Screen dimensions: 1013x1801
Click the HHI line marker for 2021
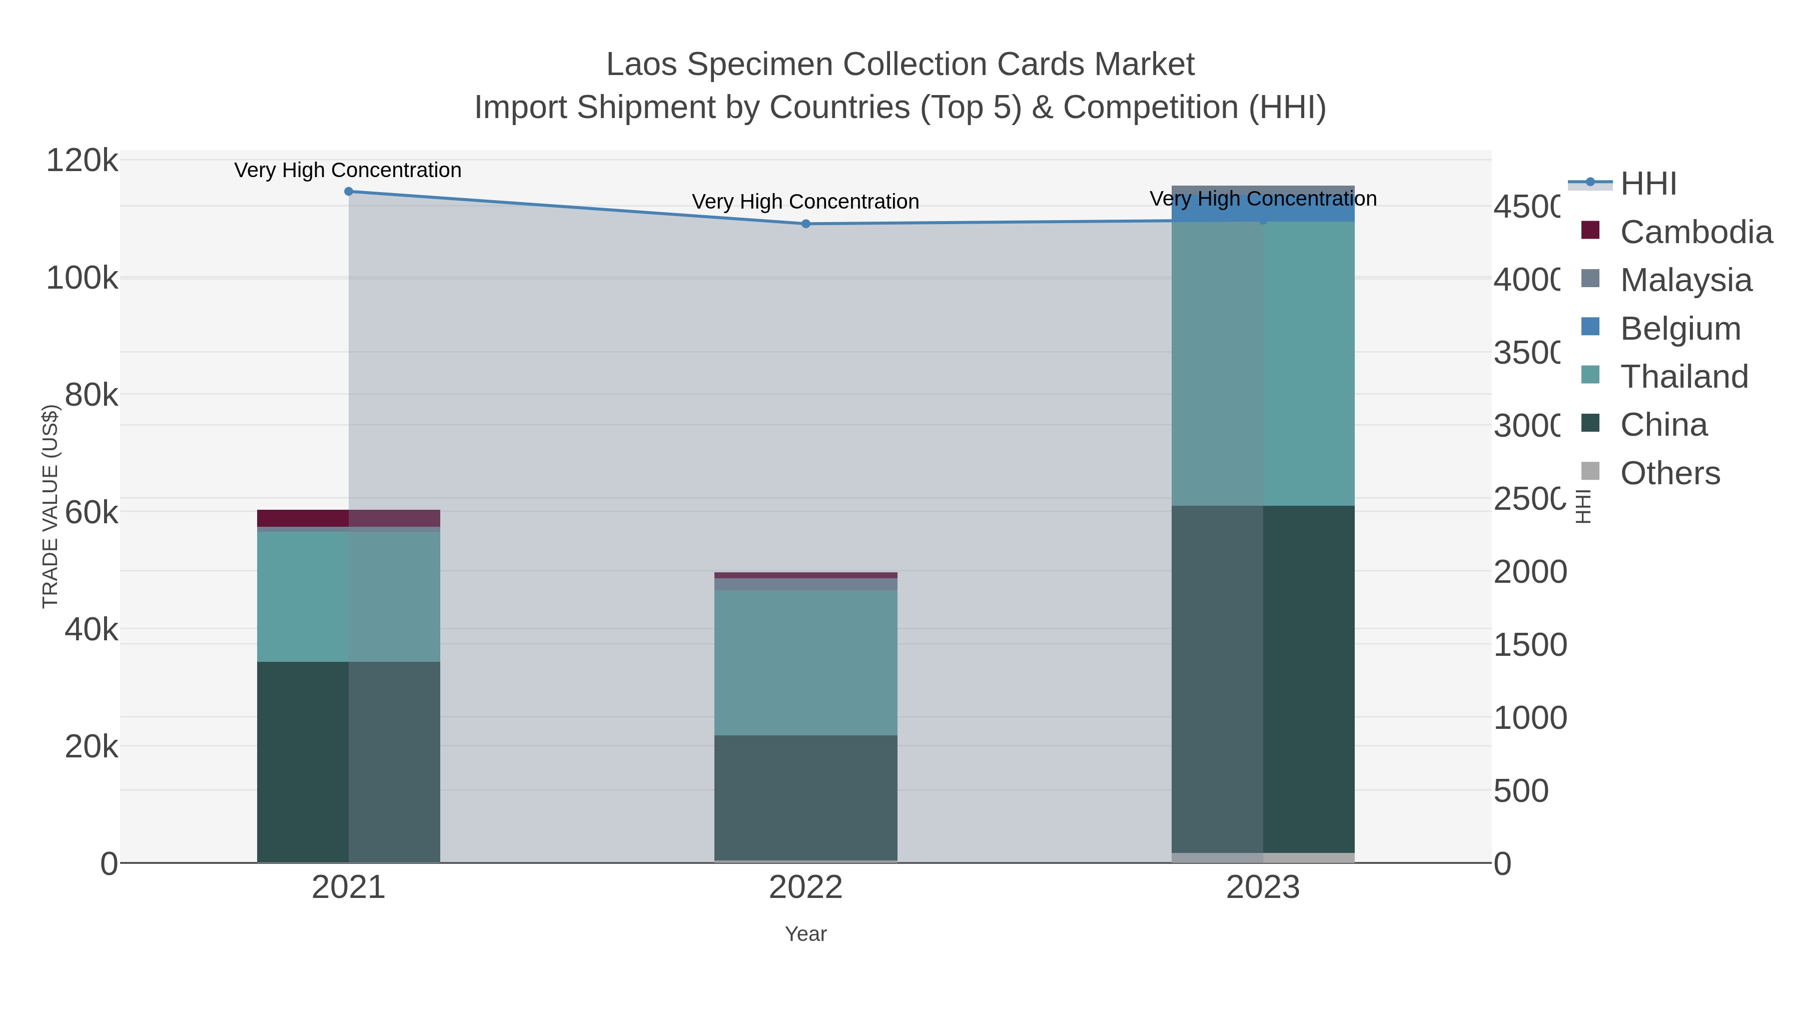pos(349,192)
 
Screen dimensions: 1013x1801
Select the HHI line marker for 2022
pos(805,224)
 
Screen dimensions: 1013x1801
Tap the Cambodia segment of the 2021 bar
pos(348,518)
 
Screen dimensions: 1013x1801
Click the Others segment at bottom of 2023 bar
pos(1263,858)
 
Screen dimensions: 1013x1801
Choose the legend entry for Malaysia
pos(1685,280)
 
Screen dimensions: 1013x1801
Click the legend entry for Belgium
pos(1679,329)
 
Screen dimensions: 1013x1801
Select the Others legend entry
pos(1669,473)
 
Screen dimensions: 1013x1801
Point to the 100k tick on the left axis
pos(82,278)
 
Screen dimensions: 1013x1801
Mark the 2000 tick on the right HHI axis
pos(1530,572)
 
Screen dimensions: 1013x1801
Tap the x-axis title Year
pos(805,934)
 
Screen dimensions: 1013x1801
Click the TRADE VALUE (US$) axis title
pos(51,506)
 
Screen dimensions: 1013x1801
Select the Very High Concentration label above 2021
pos(348,170)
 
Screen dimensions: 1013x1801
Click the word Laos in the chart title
pos(642,65)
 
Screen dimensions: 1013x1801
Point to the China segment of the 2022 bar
pos(805,797)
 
